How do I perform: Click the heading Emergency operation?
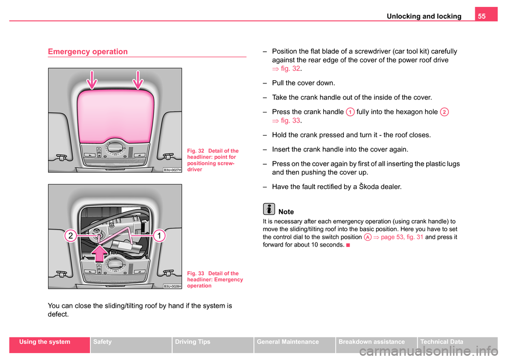pos(88,52)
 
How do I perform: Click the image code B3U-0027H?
pos(172,169)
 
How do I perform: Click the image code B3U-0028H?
pos(172,286)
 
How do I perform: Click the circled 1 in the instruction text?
pos(350,112)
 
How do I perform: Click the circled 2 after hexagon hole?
pos(445,112)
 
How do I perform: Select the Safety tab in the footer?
pos(102,342)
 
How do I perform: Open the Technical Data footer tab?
pos(440,342)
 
